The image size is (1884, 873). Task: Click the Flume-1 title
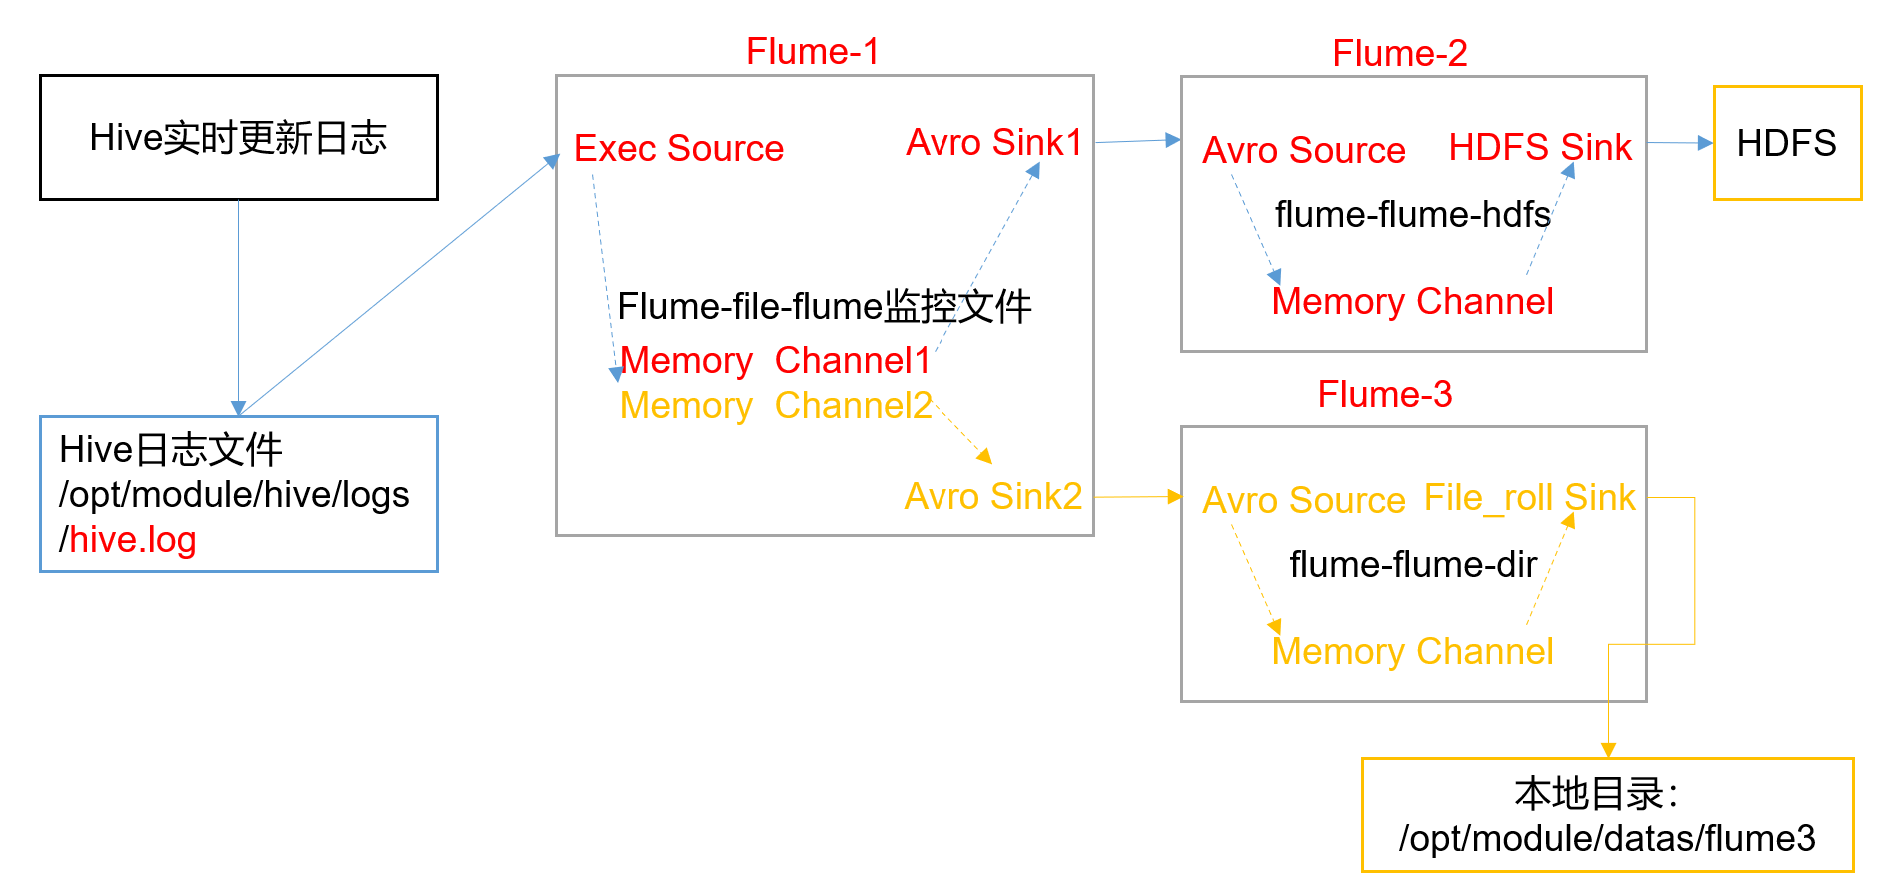(x=812, y=52)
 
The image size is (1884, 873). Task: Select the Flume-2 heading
(x=1399, y=54)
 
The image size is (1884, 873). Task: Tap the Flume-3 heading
(x=1384, y=395)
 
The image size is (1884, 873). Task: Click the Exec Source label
(x=678, y=149)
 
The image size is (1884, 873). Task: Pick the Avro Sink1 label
(x=993, y=143)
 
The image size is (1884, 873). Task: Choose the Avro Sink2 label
(x=992, y=497)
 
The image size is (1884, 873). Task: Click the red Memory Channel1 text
(x=775, y=361)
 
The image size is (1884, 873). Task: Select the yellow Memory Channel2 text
(x=775, y=406)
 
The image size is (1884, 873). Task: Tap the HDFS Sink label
(x=1539, y=148)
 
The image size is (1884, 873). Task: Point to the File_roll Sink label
(x=1529, y=498)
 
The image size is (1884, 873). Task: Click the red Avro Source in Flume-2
(x=1303, y=151)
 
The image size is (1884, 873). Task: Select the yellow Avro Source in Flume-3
(x=1303, y=501)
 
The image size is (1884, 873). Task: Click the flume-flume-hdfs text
(x=1412, y=215)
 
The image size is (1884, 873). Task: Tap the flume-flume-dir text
(x=1412, y=565)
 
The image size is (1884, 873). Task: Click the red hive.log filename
(x=133, y=540)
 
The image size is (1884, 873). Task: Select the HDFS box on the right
(x=1787, y=143)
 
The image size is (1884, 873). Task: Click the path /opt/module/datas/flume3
(x=1607, y=839)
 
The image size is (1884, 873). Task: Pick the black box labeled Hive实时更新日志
(x=239, y=138)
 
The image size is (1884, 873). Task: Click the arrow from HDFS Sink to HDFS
(x=1679, y=143)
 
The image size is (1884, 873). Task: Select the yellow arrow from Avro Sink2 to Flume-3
(x=1137, y=496)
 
